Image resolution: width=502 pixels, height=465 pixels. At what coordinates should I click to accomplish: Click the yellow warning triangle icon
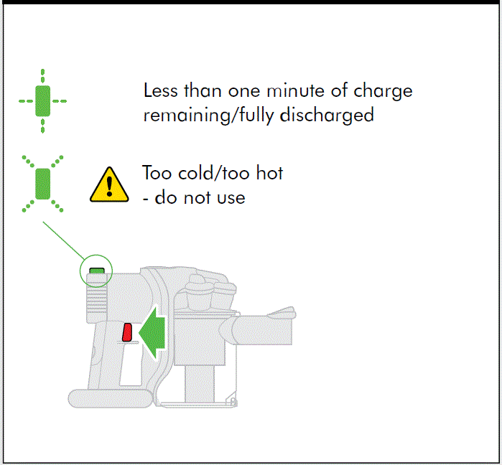(x=108, y=184)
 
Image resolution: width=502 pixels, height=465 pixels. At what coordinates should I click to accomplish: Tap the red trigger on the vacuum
(x=127, y=332)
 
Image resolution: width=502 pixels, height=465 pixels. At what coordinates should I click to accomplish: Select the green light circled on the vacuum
(x=96, y=271)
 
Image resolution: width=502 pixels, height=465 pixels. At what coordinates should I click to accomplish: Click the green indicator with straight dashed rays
(x=42, y=101)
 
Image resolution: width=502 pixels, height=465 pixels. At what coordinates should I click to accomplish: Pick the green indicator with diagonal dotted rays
(x=42, y=183)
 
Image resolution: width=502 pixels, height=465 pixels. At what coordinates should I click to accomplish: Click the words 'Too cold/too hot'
(x=213, y=173)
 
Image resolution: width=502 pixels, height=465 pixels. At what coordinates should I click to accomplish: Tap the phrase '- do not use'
(x=194, y=197)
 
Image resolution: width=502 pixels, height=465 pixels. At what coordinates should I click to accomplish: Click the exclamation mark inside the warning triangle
(x=108, y=187)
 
